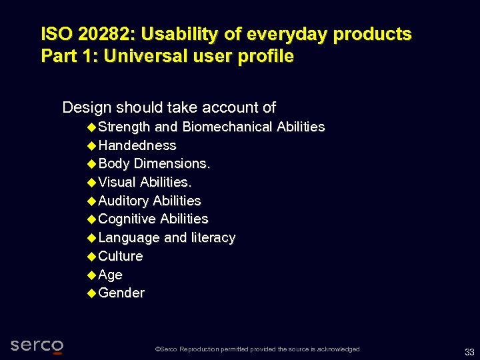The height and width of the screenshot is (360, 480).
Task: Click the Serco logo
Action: click(37, 345)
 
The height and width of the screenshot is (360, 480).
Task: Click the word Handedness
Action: click(137, 145)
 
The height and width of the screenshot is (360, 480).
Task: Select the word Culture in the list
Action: click(121, 256)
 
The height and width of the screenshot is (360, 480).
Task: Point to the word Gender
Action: click(121, 293)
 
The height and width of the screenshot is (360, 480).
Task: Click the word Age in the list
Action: click(111, 275)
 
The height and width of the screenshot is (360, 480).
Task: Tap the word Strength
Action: click(124, 127)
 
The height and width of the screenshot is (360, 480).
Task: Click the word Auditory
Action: click(123, 201)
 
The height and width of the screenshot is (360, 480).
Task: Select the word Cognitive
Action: click(127, 219)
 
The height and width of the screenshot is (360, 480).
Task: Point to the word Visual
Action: click(117, 182)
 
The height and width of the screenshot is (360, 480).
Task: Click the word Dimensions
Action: click(172, 163)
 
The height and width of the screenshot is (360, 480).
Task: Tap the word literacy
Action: click(213, 237)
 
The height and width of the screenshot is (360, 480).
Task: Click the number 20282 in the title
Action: click(103, 34)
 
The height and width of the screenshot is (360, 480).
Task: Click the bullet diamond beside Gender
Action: click(91, 293)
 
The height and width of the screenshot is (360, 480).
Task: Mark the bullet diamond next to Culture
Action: click(91, 256)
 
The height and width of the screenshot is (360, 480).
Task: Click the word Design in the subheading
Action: click(87, 107)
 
